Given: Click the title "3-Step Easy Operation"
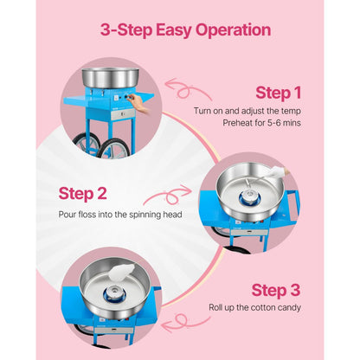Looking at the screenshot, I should click(x=185, y=30).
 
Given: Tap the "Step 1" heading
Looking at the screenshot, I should click(x=278, y=93).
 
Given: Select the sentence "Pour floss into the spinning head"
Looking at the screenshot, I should click(x=108, y=214).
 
